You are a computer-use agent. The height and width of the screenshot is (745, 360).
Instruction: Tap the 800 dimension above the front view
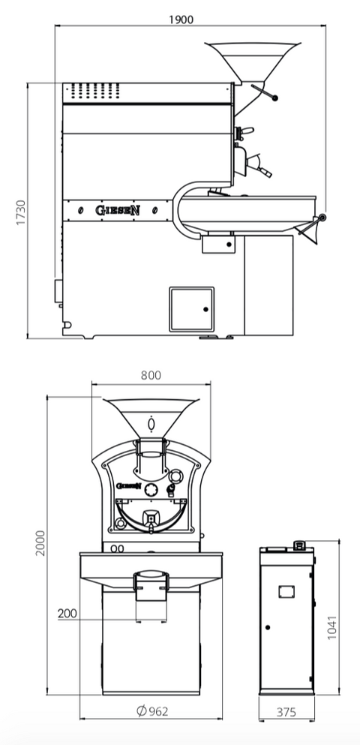pyautogui.click(x=151, y=375)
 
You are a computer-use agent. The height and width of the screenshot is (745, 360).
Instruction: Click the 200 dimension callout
pyautogui.click(x=67, y=614)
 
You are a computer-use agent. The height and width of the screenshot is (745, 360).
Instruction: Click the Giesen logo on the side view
pyautogui.click(x=118, y=210)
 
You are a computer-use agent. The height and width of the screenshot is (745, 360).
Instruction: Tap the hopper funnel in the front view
pyautogui.click(x=151, y=417)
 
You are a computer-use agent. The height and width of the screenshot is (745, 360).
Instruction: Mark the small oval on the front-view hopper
pyautogui.click(x=151, y=424)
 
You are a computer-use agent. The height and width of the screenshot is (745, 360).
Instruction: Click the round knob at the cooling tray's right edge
pyautogui.click(x=322, y=218)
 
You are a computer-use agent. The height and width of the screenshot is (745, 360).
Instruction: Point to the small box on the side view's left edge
pyautogui.click(x=56, y=289)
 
